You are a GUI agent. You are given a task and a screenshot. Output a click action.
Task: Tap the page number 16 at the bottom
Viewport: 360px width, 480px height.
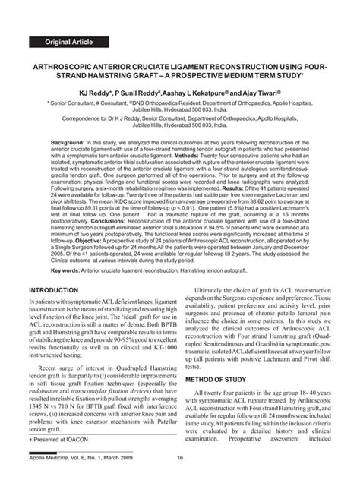coord(179,469)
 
